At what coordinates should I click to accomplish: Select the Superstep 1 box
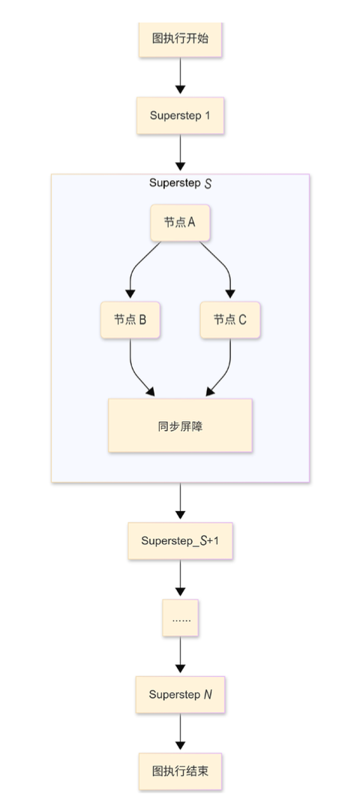180,116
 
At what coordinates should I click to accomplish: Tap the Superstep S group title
180,183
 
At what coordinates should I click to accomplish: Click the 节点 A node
180,223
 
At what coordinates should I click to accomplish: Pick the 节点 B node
130,320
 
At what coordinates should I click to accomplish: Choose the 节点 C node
230,320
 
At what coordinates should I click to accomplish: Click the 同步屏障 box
180,426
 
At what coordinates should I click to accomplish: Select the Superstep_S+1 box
180,540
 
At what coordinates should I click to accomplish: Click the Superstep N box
180,695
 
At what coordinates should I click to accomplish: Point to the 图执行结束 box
180,771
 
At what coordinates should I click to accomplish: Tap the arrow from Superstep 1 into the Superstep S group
180,154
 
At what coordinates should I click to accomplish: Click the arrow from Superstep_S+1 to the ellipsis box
180,579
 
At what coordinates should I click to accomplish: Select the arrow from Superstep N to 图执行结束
180,732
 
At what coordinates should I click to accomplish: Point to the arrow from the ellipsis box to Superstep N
180,656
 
